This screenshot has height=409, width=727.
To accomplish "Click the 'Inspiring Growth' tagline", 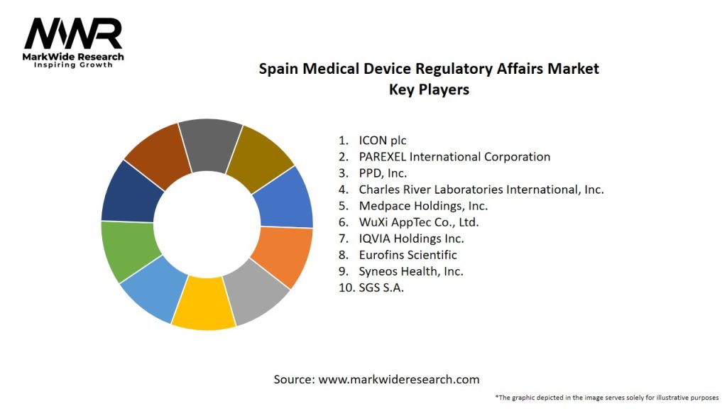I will [73, 65].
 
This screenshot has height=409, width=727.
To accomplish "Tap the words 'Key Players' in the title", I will [429, 90].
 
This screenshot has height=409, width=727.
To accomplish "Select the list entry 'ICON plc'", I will [383, 140].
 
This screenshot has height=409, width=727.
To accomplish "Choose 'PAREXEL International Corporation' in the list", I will [454, 156].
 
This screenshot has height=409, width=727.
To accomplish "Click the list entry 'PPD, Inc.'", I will [383, 173].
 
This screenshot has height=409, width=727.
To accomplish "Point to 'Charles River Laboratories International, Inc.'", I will [481, 189].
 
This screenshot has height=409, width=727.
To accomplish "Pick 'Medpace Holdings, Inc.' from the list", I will [423, 206].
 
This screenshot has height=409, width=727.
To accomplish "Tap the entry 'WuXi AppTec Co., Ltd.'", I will [418, 222].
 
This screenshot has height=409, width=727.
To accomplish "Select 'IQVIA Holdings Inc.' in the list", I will [411, 239].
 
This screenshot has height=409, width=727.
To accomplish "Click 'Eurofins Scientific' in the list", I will [408, 255].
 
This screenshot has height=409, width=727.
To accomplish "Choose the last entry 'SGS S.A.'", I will [381, 288].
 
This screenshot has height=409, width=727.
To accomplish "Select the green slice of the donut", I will [126, 250].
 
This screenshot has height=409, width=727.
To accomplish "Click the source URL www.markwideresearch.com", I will [399, 380].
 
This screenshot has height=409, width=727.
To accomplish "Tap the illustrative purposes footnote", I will [607, 398].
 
